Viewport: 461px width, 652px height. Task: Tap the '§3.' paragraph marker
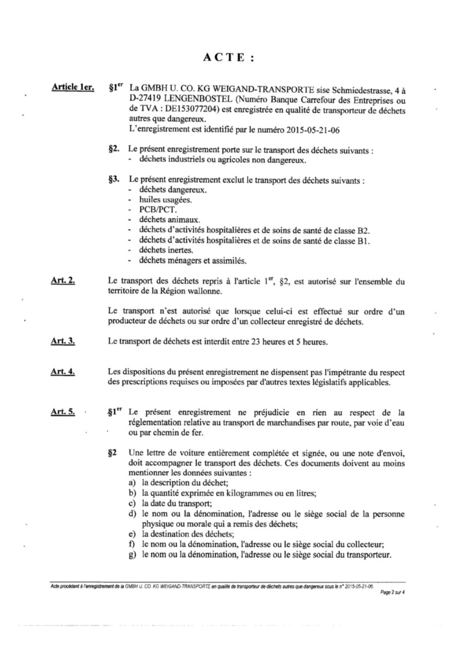point(114,180)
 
